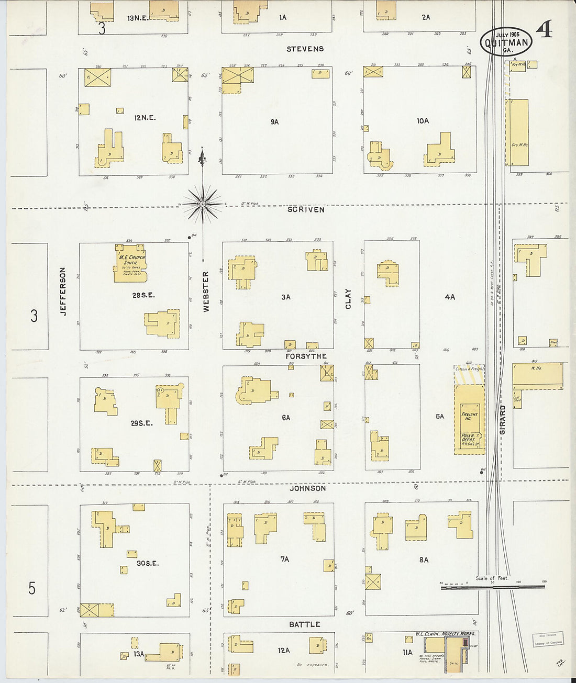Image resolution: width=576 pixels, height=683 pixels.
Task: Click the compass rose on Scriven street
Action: point(203,204)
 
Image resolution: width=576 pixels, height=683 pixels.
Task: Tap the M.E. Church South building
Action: point(129,263)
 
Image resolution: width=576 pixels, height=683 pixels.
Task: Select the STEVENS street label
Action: point(305,49)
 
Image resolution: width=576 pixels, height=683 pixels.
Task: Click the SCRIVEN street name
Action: point(305,209)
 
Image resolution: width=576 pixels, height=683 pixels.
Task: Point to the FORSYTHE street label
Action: point(306,356)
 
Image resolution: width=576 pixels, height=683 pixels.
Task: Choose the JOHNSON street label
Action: point(308,488)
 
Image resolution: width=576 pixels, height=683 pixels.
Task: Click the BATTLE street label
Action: point(305,624)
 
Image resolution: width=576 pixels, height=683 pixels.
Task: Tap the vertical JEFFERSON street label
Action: point(63,291)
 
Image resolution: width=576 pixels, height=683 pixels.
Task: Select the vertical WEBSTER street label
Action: point(206,292)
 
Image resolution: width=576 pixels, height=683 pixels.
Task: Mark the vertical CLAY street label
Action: point(348,298)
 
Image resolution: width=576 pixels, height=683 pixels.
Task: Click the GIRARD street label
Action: point(503,418)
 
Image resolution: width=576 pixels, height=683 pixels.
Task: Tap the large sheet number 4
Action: point(544,31)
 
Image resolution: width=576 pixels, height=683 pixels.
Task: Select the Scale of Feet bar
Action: point(492,586)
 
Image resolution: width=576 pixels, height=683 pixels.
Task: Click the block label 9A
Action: point(274,121)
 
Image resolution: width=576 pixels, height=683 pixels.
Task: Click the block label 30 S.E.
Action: point(148,563)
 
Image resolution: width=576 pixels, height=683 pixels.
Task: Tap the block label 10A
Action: point(423,121)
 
